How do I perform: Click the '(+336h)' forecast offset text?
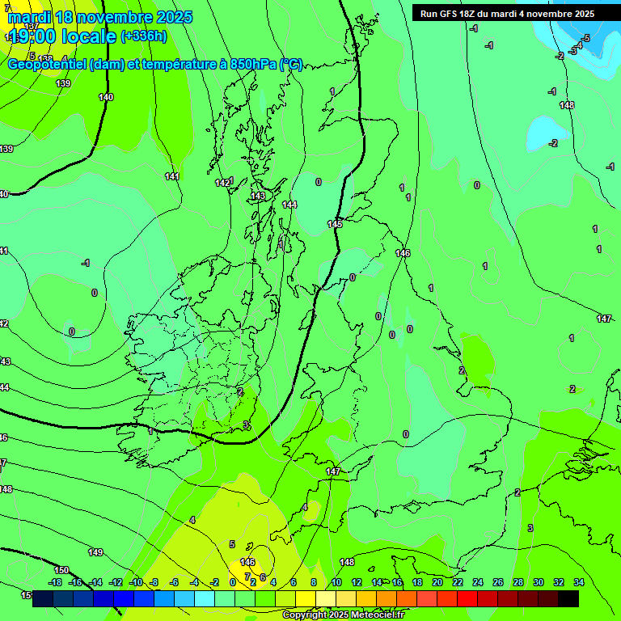pos(144,36)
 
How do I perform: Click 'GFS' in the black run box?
pos(452,14)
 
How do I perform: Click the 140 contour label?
pos(106,97)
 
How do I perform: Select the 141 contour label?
pos(171,176)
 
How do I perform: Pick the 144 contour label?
pos(289,205)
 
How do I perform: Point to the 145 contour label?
pos(335,224)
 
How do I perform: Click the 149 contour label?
pos(95,552)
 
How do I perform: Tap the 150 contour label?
pos(61,571)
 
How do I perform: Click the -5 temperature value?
pos(585,38)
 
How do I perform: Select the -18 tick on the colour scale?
pos(55,582)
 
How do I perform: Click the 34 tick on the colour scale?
pos(579,582)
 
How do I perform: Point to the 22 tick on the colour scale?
pos(458,582)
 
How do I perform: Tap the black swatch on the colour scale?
pos(568,598)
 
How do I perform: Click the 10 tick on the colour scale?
pos(336,582)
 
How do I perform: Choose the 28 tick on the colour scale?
pos(517,582)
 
